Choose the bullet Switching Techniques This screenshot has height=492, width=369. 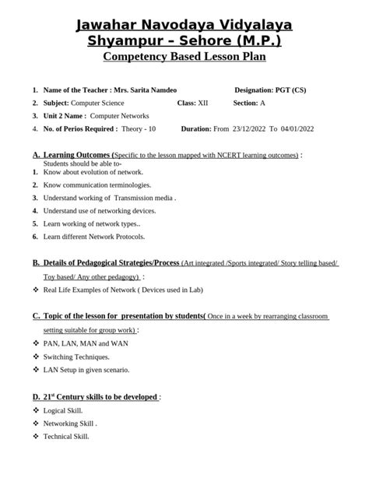click(77, 357)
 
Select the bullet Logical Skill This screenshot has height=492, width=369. click(62, 409)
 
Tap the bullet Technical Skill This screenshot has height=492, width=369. click(65, 436)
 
